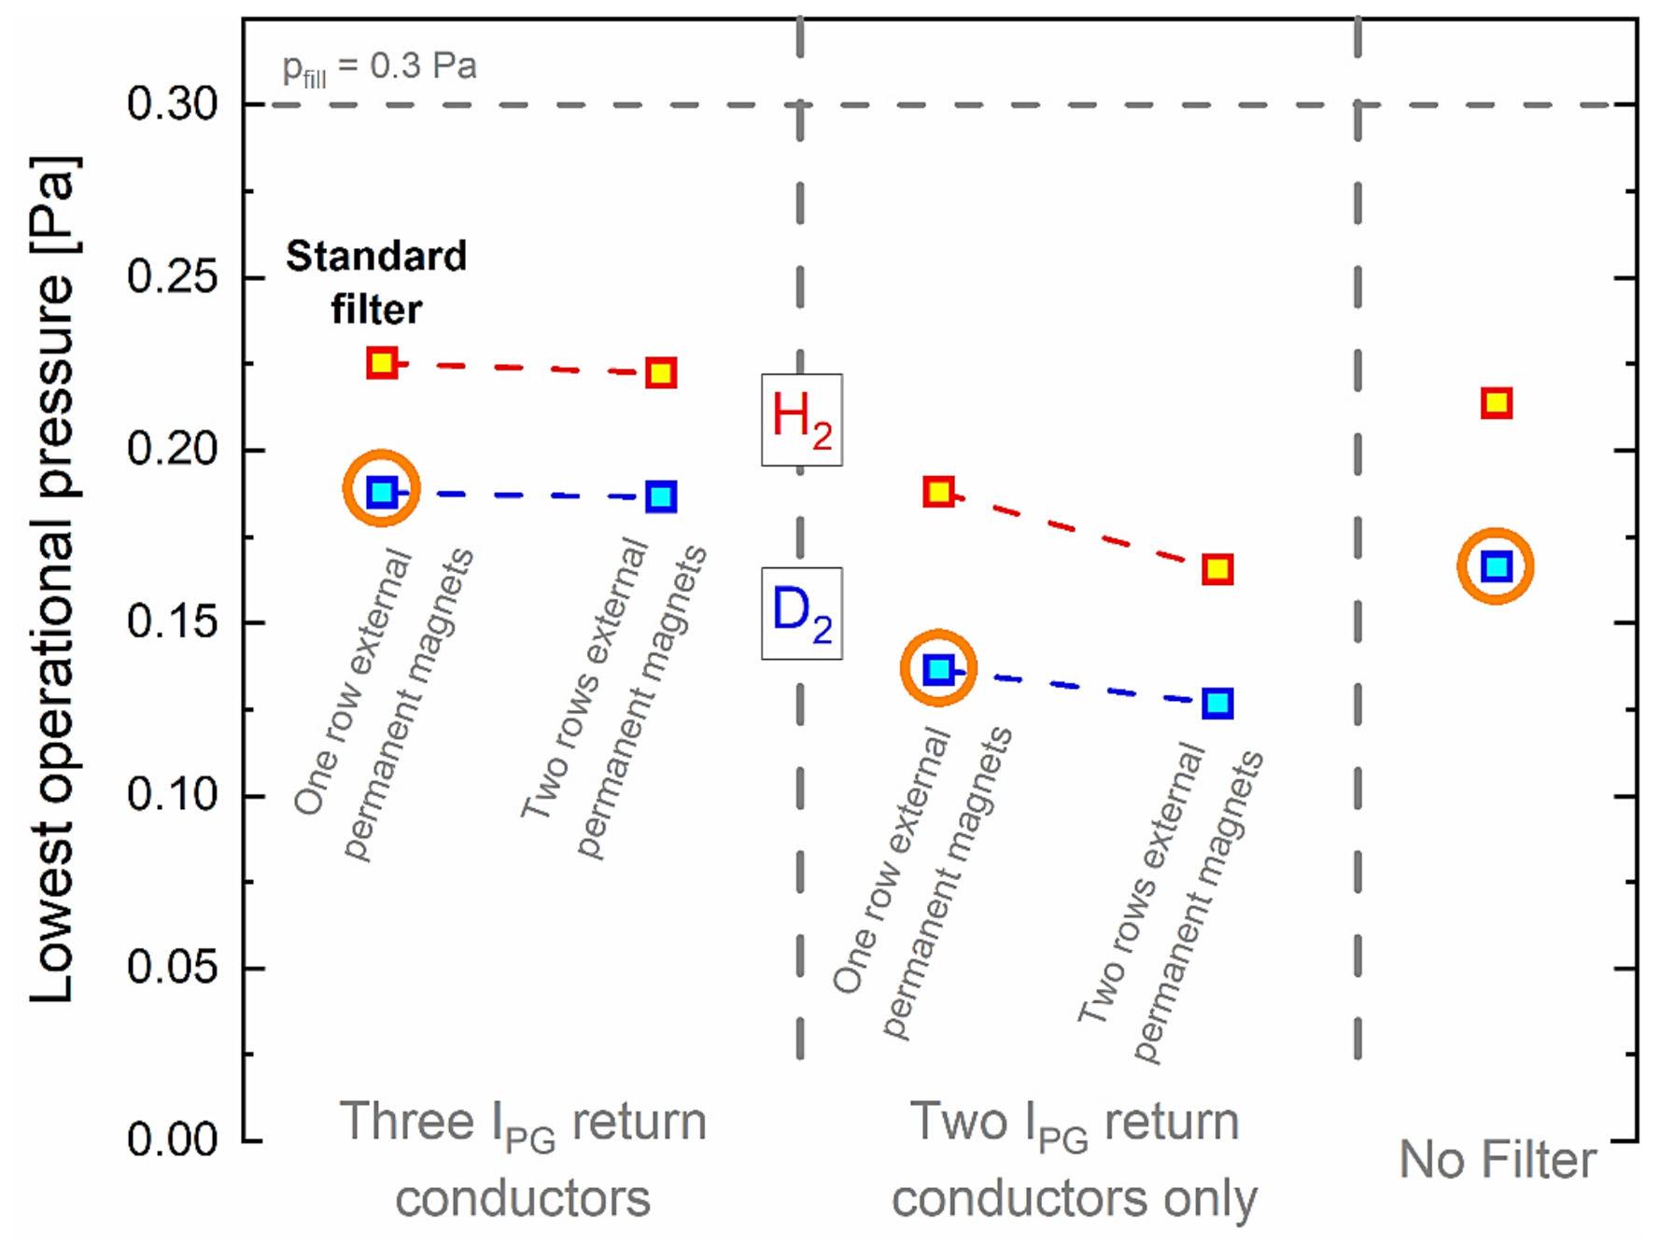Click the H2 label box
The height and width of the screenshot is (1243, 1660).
click(801, 419)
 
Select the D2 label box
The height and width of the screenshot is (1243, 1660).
click(801, 613)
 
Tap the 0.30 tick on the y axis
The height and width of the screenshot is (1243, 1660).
click(172, 104)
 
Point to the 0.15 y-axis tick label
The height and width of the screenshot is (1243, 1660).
click(172, 621)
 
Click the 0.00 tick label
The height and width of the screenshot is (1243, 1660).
click(172, 1139)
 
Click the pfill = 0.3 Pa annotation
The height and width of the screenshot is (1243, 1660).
click(379, 67)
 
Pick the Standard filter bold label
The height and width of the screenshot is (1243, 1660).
click(376, 282)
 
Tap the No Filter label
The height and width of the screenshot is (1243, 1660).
click(1497, 1160)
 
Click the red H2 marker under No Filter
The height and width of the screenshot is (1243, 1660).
click(1497, 403)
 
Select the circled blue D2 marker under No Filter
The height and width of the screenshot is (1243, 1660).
click(1497, 566)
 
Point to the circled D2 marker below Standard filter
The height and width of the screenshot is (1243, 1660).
click(381, 491)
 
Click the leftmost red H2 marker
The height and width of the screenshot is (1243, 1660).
click(381, 362)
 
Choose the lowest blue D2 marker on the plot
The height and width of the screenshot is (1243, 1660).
click(1217, 703)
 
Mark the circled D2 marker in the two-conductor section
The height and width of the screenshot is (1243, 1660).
click(938, 668)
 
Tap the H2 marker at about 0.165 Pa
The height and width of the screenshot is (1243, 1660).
click(1217, 568)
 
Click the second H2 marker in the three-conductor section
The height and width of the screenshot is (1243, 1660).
click(661, 373)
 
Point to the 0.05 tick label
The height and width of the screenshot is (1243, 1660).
click(172, 967)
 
